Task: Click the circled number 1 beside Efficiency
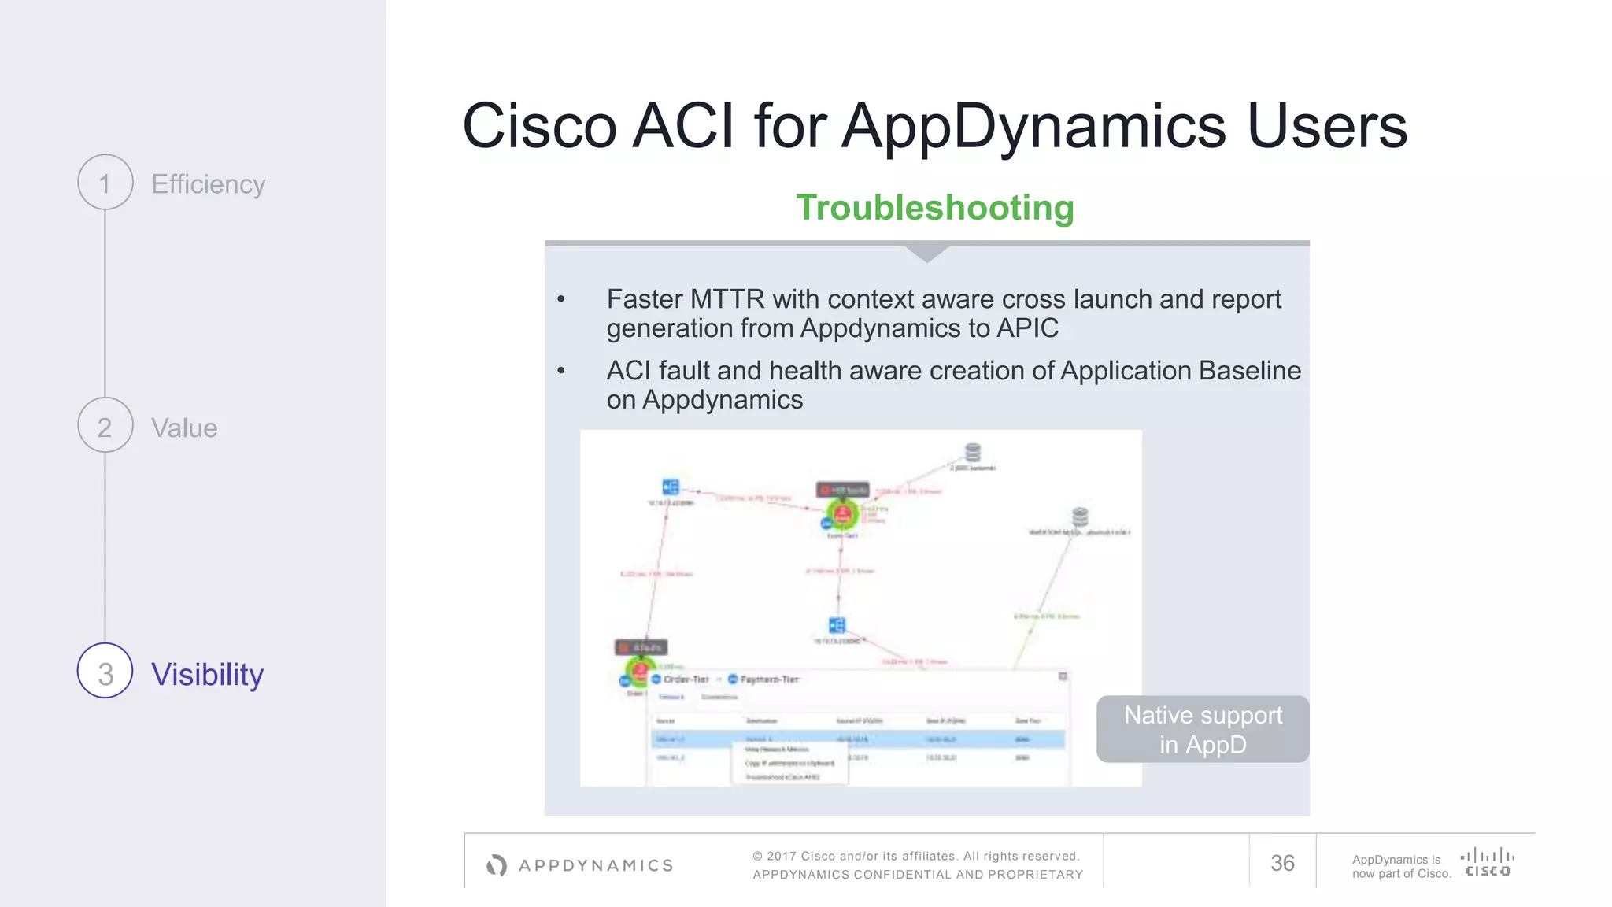point(105,183)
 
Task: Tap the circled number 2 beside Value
point(105,426)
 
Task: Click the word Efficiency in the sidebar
point(208,184)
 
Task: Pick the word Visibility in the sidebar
point(207,675)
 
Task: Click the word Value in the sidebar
point(184,428)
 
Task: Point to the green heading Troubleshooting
point(934,208)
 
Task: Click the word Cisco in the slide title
point(540,126)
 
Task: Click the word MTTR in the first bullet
point(727,299)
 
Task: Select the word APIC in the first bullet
point(1027,328)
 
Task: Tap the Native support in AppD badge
point(1203,729)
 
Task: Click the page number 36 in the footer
point(1282,863)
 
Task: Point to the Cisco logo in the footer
point(1487,861)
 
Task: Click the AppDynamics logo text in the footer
point(596,865)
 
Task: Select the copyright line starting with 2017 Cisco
point(917,856)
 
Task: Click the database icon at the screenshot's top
point(973,453)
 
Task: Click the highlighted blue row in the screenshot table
point(858,739)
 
